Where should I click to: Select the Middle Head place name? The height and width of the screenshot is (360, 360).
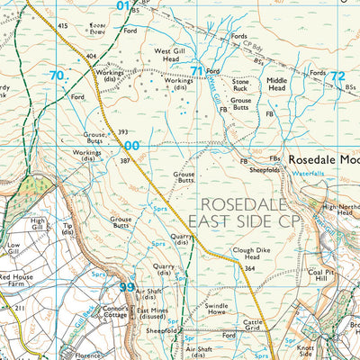(276, 85)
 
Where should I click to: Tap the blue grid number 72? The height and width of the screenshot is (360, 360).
(337, 76)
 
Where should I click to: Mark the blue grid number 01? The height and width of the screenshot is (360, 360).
(123, 5)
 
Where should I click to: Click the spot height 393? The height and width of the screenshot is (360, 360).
(121, 131)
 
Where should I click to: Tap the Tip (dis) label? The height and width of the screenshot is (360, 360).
(67, 229)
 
